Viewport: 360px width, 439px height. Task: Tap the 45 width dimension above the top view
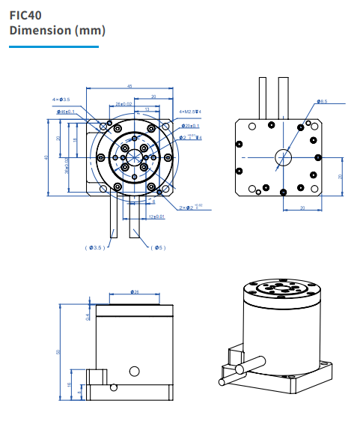click(129, 86)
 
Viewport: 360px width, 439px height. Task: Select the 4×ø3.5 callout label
click(61, 99)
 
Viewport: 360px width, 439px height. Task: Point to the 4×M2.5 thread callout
click(191, 111)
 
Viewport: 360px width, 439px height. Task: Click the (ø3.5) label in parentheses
click(95, 247)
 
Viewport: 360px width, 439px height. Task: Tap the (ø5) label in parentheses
click(157, 247)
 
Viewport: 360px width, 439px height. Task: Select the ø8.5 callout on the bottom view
click(323, 100)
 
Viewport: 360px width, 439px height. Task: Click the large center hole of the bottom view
click(283, 156)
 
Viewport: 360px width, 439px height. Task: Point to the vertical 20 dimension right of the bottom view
click(340, 176)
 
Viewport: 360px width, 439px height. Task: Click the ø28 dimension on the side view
click(135, 291)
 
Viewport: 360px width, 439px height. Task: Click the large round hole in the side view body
click(134, 370)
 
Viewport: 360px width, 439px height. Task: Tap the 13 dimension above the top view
click(146, 109)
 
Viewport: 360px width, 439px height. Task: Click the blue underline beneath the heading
click(53, 46)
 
